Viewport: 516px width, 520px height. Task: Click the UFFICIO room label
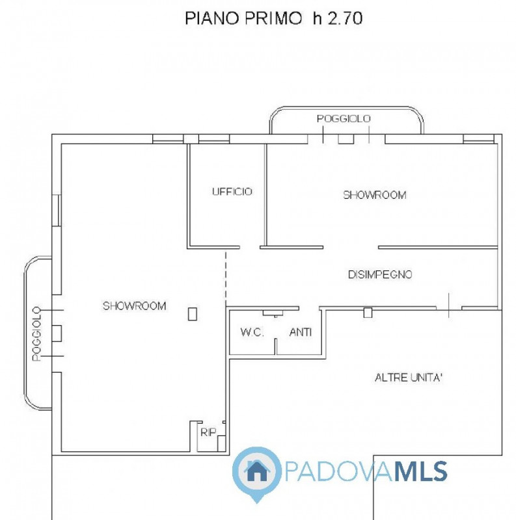point(232,192)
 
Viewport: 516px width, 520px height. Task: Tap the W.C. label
point(251,332)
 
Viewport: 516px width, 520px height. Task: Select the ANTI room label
point(300,332)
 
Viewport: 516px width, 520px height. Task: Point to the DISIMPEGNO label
point(379,274)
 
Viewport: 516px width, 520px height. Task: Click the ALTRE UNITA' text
point(409,377)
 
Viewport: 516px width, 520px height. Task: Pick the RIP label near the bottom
point(208,432)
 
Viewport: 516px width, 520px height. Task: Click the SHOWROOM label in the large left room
point(134,305)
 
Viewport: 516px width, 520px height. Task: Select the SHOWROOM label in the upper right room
point(374,195)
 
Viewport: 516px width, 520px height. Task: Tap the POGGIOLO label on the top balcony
point(344,118)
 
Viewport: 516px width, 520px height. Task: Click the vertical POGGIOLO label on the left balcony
point(36,334)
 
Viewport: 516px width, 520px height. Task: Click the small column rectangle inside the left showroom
point(192,314)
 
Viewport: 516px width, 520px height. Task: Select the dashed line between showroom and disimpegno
point(226,276)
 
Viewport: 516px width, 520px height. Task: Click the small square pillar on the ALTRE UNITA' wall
point(368,313)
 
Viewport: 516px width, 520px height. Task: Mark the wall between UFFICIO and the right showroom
point(265,195)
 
